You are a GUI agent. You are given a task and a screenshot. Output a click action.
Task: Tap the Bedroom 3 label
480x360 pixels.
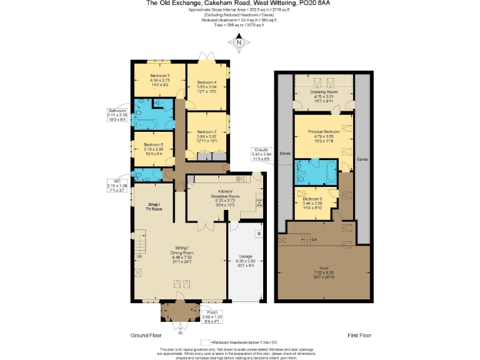[160, 80]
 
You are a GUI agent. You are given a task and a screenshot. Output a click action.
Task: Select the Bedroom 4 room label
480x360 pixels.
[207, 86]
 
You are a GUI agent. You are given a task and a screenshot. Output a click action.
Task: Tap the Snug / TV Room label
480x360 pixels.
[154, 207]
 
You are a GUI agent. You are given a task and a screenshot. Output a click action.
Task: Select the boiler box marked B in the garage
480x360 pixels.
[259, 233]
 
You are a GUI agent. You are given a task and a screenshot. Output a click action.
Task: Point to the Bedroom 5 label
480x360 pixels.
[316, 202]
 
